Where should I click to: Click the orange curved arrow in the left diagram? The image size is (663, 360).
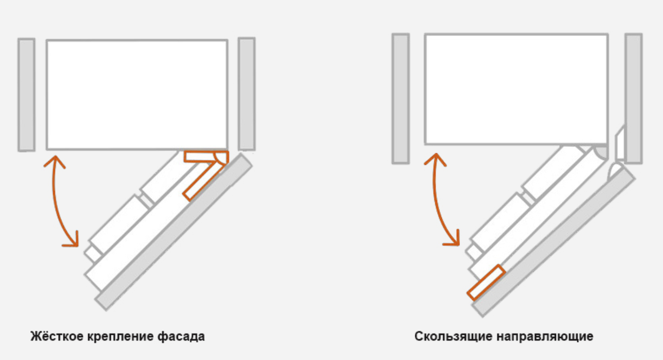point(54,201)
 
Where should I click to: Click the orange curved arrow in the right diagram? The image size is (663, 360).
point(435,199)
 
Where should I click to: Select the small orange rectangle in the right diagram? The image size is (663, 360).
point(486,282)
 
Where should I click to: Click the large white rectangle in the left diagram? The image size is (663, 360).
point(137,94)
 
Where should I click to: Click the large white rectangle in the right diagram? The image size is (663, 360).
point(517,89)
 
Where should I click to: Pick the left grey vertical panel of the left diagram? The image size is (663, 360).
point(27,94)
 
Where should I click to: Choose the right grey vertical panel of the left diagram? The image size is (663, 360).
point(247,94)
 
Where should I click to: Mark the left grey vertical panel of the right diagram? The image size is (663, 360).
point(401,99)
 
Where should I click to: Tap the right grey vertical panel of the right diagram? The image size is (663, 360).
point(634,99)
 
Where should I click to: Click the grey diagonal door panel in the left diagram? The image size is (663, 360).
point(174,232)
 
